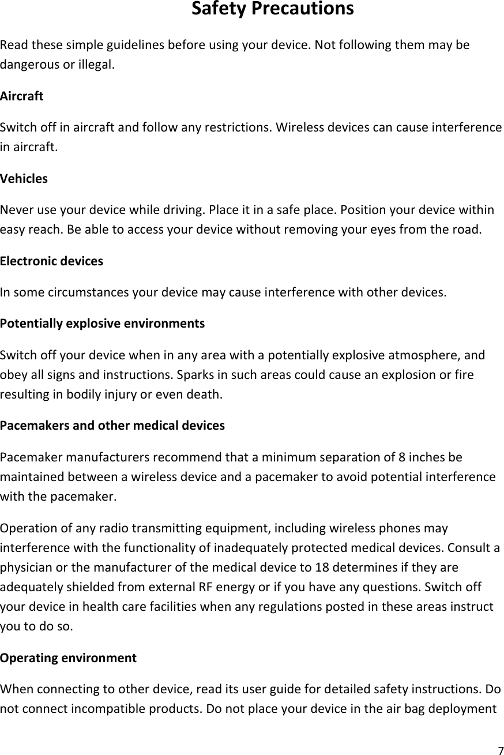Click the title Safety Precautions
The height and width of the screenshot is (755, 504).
[x=272, y=10]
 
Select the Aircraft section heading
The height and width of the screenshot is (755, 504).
[x=22, y=96]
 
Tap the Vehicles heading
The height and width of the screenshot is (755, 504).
[x=24, y=178]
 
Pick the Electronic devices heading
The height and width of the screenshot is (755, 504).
[x=52, y=261]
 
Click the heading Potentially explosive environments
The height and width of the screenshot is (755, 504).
[x=103, y=323]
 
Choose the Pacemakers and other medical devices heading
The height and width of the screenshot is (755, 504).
[x=112, y=426]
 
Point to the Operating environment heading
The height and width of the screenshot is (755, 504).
[x=69, y=658]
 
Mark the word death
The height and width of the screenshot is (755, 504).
[x=206, y=395]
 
